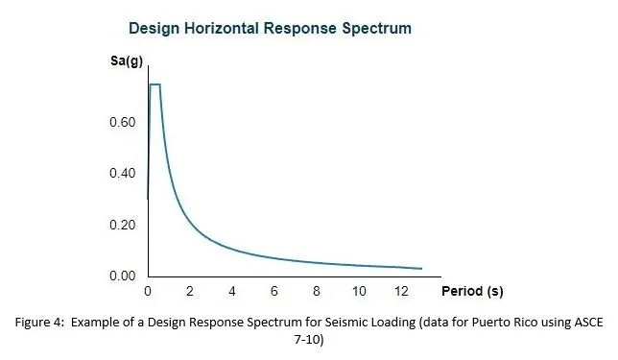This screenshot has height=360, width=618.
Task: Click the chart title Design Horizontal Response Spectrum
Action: click(272, 28)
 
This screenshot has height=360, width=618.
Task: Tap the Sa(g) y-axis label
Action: click(128, 62)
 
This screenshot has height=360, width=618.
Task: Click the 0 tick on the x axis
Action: click(148, 290)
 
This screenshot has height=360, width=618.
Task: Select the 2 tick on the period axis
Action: click(190, 290)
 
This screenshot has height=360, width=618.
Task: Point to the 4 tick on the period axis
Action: click(232, 290)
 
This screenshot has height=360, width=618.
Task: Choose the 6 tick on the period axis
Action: click(274, 290)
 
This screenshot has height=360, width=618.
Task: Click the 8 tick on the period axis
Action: click(317, 290)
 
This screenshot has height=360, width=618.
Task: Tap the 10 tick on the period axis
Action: click(358, 290)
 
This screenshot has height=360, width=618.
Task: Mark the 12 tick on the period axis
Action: click(400, 290)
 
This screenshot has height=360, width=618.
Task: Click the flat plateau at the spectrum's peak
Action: click(154, 84)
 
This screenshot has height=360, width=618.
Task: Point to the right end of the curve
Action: click(421, 269)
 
